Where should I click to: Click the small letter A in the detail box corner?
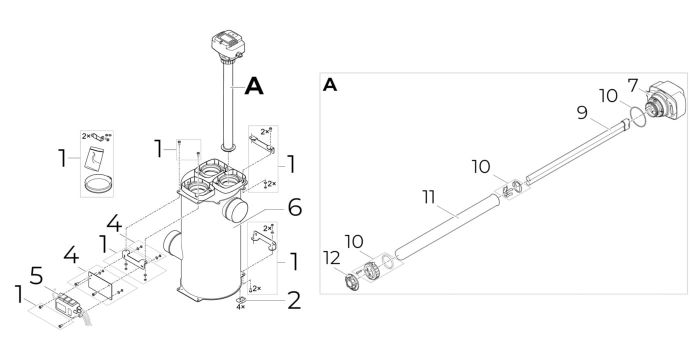(x=330, y=85)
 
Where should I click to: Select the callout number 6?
(x=294, y=207)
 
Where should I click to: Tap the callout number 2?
(x=294, y=300)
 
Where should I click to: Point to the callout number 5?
(x=37, y=275)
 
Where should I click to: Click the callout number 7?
(x=633, y=85)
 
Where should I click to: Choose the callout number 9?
(x=582, y=112)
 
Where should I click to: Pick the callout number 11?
(x=428, y=197)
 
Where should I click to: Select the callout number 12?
(x=331, y=258)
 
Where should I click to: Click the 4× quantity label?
(x=240, y=307)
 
